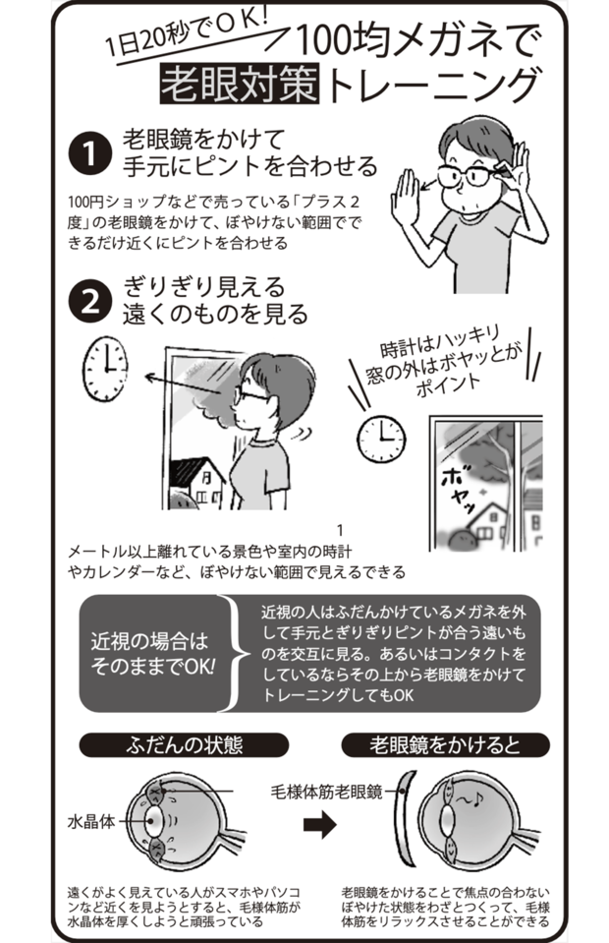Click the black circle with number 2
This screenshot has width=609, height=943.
coord(89,302)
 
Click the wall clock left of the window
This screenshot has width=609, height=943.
coord(105,371)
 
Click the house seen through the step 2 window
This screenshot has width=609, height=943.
coord(199,482)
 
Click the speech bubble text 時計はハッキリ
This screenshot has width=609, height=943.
coord(443,340)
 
